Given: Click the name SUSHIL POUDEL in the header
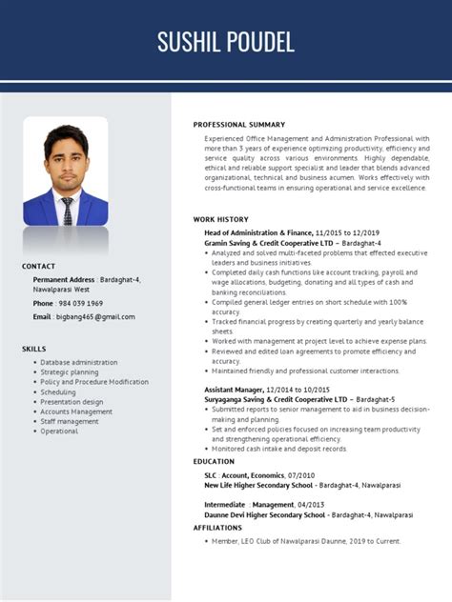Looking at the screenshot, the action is pos(226,41).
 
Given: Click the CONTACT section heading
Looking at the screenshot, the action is pos(38,266).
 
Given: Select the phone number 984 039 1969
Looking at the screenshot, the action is pos(81,303).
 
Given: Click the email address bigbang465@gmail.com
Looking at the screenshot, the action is pos(95,316).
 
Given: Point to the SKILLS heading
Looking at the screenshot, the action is pos(34,349).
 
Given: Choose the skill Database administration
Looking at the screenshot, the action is pos(79,362).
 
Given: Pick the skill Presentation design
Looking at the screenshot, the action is pos(72,402).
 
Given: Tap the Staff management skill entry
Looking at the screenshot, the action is pos(70,421).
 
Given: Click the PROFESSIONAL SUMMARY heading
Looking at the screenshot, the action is pos(238,125).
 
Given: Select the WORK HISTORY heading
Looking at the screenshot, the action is pos(220,219).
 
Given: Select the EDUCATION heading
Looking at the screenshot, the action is pos(214,461).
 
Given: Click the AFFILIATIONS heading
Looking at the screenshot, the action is pos(217,527).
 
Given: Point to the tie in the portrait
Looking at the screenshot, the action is pos(68,211).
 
